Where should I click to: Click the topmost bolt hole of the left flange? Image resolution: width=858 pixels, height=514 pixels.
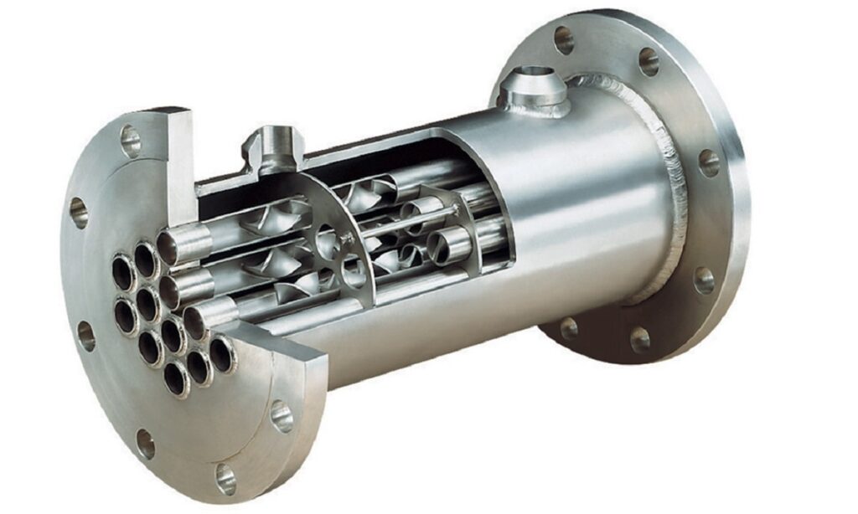[130, 140]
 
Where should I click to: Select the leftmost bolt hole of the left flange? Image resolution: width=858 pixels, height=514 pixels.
[79, 213]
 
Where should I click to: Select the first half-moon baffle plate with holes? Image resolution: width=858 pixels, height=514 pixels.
[335, 234]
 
